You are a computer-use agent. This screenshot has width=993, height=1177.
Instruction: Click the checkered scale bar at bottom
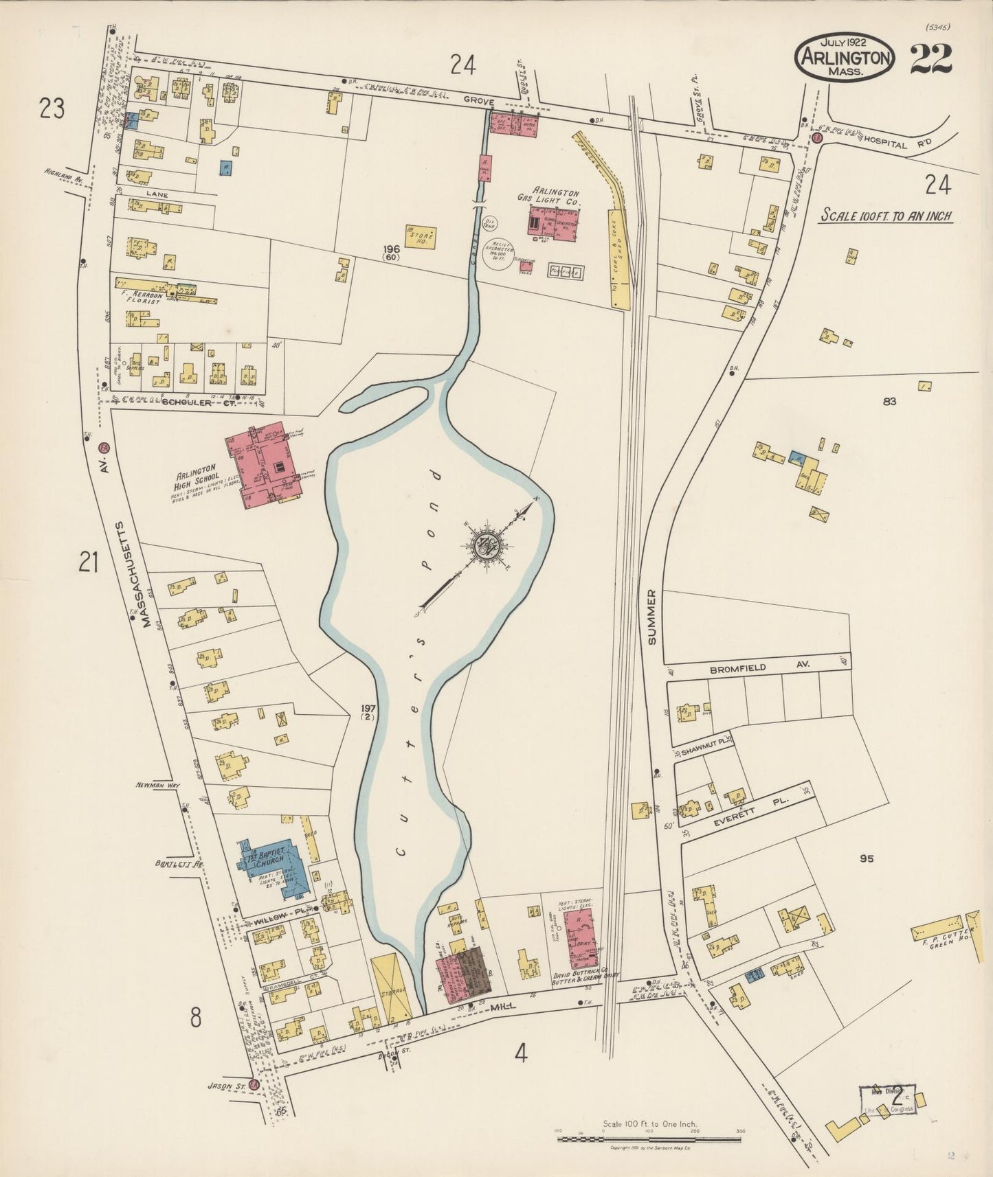(x=649, y=1139)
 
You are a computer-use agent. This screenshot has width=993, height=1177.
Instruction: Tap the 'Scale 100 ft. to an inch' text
(x=886, y=216)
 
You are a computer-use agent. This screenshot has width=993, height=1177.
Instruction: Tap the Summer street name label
(x=651, y=615)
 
